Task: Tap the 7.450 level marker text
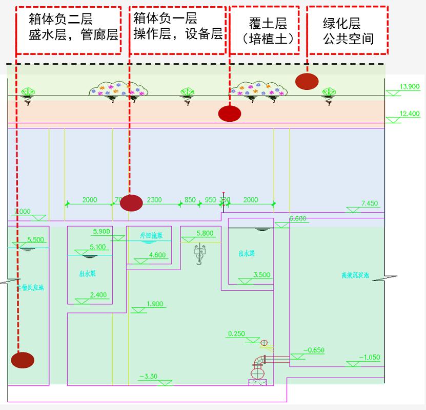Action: pyautogui.click(x=369, y=203)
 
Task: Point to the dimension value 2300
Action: pyautogui.click(x=154, y=200)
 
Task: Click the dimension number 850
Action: pyautogui.click(x=190, y=200)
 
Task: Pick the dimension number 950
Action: pyautogui.click(x=210, y=200)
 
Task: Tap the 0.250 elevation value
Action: pyautogui.click(x=236, y=334)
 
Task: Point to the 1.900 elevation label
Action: pyautogui.click(x=154, y=304)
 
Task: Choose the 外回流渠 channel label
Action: pyautogui.click(x=151, y=236)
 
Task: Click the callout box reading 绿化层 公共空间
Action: pyautogui.click(x=348, y=30)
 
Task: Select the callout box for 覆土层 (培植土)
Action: pyautogui.click(x=264, y=30)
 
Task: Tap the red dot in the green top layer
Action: pyautogui.click(x=307, y=81)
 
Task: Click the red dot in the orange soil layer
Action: pyautogui.click(x=229, y=114)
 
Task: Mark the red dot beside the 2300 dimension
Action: pyautogui.click(x=131, y=203)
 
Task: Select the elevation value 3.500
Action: pyautogui.click(x=261, y=275)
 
